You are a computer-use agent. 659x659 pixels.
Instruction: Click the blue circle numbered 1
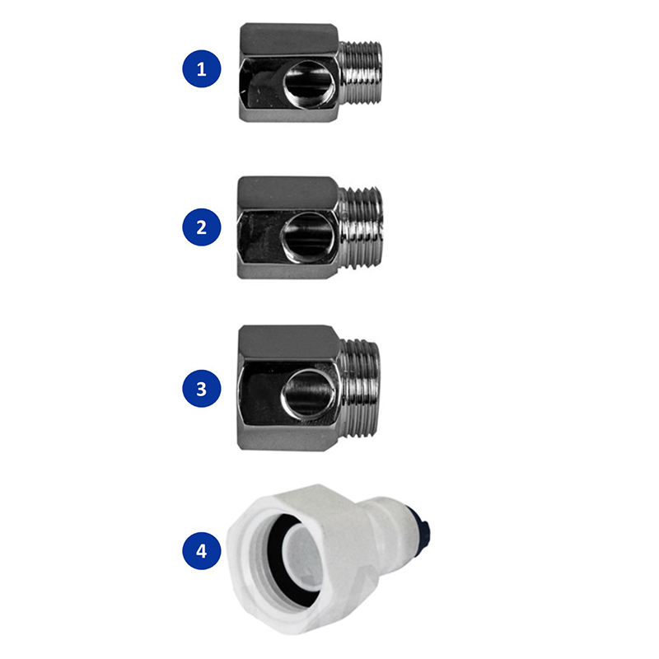[x=202, y=69]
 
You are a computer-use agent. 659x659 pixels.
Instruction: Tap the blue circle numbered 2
[x=202, y=227]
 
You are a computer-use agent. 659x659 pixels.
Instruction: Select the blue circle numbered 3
[x=202, y=388]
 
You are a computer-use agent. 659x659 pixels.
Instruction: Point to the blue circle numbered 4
[x=202, y=550]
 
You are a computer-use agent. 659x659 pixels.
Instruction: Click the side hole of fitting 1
[x=309, y=82]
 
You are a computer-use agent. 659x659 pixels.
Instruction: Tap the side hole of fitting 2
[x=308, y=237]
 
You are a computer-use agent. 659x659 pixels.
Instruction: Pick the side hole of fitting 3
[x=308, y=395]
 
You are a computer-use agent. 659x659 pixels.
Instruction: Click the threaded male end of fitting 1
[x=361, y=72]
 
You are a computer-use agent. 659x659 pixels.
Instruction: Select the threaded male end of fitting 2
[x=362, y=227]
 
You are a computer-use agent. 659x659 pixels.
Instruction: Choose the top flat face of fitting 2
[x=287, y=193]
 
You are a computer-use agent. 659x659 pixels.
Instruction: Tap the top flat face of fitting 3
[x=288, y=344]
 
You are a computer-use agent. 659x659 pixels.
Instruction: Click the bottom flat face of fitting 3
[x=288, y=438]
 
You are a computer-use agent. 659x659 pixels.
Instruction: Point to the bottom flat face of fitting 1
[x=288, y=113]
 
